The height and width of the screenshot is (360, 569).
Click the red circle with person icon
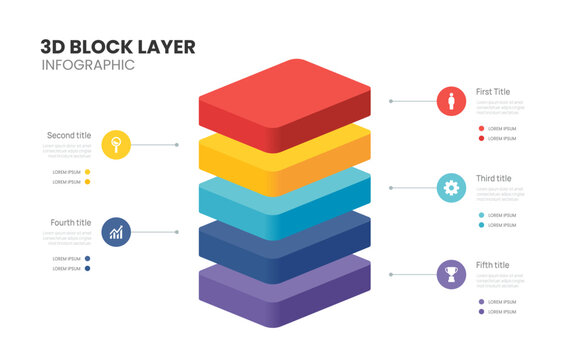pos(451,101)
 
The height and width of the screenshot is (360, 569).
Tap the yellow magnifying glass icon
pos(117,145)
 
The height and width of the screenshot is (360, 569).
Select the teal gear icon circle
pos(451,187)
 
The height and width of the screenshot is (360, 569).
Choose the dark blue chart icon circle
pos(117,232)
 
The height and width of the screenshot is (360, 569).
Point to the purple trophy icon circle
pos(451,273)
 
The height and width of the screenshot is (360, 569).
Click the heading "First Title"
pos(493,92)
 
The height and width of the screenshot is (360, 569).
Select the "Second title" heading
pos(69,135)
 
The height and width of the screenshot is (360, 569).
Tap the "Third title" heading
pos(493,178)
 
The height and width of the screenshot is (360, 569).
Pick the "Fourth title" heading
pos(70,222)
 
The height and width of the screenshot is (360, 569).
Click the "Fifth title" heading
pos(492,265)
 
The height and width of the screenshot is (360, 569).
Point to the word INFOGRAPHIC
pos(88,65)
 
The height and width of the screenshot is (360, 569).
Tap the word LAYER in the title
pos(170,46)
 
